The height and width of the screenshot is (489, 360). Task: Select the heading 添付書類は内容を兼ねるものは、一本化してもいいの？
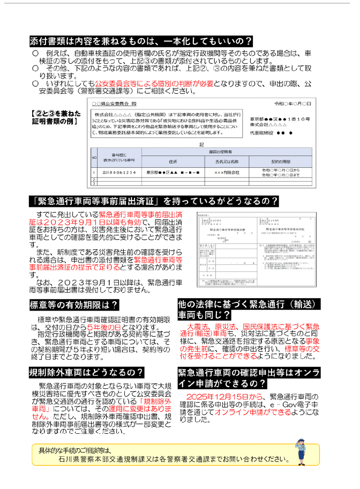[141, 41]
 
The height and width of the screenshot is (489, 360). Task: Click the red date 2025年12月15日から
[224, 396]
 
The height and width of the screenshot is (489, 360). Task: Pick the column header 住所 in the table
[172, 160]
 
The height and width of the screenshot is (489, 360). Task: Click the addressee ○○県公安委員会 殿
[114, 103]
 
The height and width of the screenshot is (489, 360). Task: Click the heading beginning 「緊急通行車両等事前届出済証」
[154, 202]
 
